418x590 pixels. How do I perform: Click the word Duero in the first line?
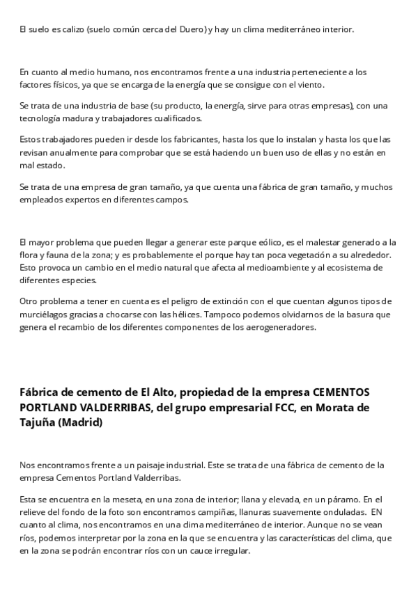194,29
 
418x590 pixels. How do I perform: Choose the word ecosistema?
351,267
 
